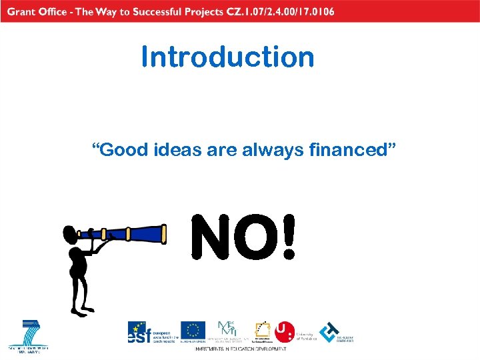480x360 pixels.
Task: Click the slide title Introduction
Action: [227, 57]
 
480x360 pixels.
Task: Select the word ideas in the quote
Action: [176, 149]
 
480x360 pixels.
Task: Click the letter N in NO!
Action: [211, 237]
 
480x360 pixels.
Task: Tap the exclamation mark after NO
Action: [287, 237]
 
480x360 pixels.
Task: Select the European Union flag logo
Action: [194, 331]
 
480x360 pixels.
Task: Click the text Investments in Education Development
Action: [241, 349]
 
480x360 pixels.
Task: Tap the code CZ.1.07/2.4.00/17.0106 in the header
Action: [277, 11]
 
